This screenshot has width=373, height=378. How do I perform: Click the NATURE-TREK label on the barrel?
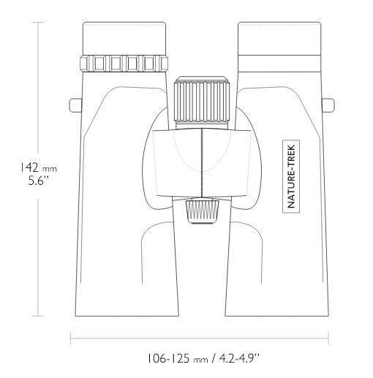[x=291, y=176]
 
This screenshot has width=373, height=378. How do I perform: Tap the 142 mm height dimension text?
[x=38, y=167]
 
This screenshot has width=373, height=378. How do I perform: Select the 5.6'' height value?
[x=39, y=181]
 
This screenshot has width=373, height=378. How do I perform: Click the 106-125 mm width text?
[x=178, y=358]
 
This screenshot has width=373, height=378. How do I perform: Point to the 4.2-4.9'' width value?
[x=239, y=358]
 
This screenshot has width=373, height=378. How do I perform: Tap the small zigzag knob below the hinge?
[x=202, y=211]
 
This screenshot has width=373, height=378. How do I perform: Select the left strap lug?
[x=76, y=105]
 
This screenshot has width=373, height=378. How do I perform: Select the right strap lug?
[x=328, y=105]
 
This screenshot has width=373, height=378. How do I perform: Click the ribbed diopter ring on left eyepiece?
[x=124, y=64]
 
